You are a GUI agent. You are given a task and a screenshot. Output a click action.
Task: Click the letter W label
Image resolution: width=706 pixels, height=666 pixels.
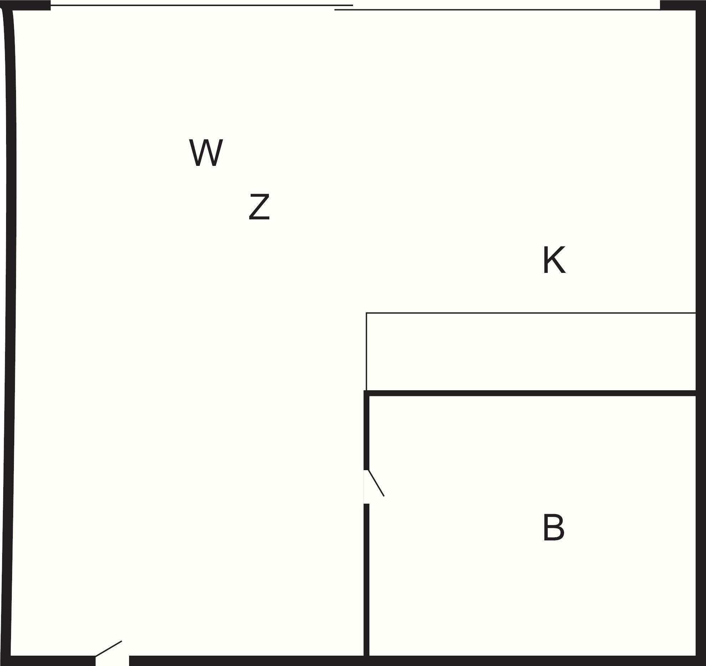coord(206,153)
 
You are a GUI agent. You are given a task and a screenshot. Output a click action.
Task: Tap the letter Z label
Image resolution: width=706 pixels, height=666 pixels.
coord(259,207)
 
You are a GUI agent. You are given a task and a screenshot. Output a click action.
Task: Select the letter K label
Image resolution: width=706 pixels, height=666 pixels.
coord(554,260)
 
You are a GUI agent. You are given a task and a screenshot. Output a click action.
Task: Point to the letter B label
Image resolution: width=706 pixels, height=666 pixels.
coord(553,528)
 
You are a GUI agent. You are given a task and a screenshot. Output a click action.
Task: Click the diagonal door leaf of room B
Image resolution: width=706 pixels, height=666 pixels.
coord(376,483)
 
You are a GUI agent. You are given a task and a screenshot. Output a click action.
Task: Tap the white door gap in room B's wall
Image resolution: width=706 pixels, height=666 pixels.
coord(366,487)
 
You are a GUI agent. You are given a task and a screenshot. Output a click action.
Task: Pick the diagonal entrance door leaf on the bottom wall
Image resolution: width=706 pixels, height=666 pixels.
coord(108,649)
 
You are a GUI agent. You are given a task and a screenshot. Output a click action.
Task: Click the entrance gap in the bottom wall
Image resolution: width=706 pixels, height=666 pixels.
coord(112,661)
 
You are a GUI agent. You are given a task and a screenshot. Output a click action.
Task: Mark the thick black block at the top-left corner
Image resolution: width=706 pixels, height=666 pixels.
coord(25,5)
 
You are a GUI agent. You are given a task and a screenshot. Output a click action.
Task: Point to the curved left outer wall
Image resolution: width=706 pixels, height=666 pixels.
coord(9,332)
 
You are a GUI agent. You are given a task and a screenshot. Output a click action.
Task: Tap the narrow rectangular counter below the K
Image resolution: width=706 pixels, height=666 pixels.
coord(531,351)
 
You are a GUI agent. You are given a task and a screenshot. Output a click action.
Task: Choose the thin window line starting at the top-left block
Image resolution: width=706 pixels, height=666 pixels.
coord(202,5)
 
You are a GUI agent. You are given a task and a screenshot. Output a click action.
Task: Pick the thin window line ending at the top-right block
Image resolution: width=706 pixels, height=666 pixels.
coord(497,10)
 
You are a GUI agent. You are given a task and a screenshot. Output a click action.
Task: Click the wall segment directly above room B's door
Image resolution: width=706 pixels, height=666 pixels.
coord(366,430)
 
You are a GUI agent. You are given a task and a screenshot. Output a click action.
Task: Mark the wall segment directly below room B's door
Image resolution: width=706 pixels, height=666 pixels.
coord(366,580)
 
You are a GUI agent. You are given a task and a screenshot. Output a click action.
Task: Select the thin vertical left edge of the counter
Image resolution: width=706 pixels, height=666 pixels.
coord(366,351)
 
